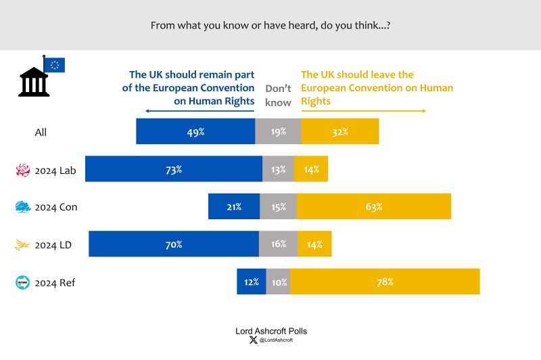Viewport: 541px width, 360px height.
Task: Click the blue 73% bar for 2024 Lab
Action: [x=173, y=169]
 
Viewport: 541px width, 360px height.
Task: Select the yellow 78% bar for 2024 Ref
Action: [x=385, y=282]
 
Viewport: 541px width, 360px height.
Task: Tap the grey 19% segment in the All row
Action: [x=278, y=132]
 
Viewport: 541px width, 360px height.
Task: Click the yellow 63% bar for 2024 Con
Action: [x=373, y=206]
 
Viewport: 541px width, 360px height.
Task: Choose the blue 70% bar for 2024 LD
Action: [x=174, y=244]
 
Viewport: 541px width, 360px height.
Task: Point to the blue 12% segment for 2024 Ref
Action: [x=251, y=282]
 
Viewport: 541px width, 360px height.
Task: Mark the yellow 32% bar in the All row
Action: [x=339, y=132]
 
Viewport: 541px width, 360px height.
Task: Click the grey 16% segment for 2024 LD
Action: [x=278, y=244]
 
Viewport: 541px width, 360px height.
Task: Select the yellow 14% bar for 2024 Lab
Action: [x=310, y=169]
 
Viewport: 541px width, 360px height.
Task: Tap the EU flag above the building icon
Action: [x=54, y=65]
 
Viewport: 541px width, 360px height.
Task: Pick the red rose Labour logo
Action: [x=23, y=170]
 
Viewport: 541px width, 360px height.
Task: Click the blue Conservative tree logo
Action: [x=23, y=207]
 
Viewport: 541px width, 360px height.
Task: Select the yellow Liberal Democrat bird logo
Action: [x=23, y=245]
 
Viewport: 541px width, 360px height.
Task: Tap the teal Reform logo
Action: [x=23, y=282]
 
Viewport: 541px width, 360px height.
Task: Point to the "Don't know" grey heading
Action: [x=278, y=95]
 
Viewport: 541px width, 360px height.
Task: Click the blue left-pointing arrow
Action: [x=196, y=111]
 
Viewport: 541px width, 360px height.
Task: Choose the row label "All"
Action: [x=41, y=133]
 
